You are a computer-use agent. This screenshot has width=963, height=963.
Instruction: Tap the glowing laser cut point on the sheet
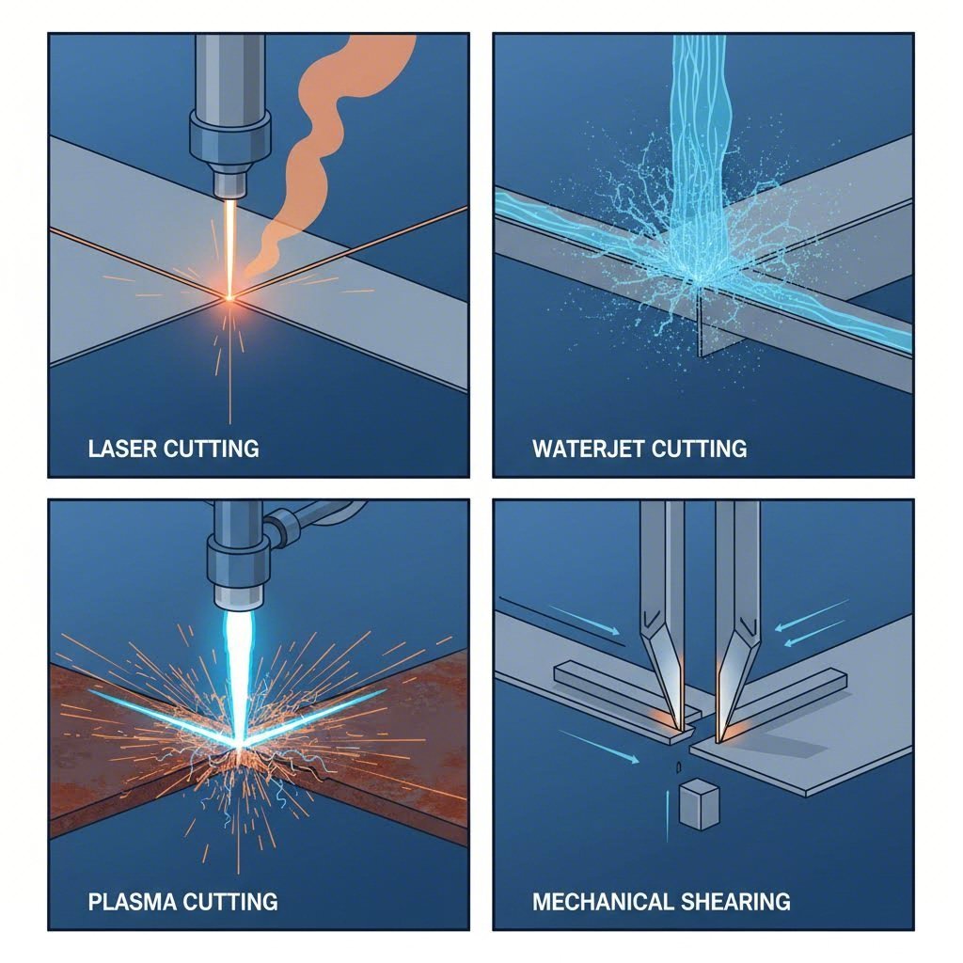229,298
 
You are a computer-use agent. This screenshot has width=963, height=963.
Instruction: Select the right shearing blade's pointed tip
719,736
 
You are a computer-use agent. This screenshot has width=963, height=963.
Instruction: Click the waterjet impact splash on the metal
696,273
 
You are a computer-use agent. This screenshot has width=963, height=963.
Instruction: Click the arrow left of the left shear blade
582,620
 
